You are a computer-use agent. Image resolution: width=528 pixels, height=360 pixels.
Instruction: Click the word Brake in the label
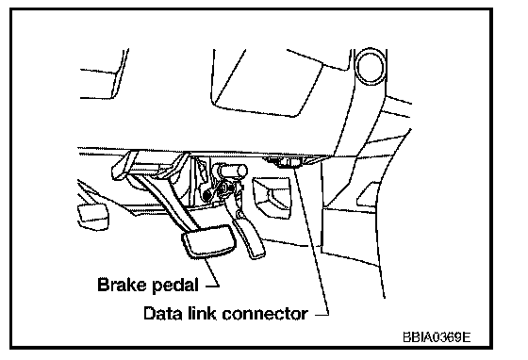[x=123, y=285]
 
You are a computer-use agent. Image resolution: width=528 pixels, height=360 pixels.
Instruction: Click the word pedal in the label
[x=175, y=286]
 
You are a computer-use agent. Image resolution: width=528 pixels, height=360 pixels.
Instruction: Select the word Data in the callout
[x=161, y=313]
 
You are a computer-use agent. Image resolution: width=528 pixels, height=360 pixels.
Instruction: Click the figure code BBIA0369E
[x=437, y=336]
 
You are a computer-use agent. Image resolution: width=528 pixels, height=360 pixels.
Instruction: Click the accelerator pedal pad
[x=249, y=237]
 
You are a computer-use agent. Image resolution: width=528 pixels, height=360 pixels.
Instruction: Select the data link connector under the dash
[x=287, y=161]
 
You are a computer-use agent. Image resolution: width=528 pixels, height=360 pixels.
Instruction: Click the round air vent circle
[x=371, y=66]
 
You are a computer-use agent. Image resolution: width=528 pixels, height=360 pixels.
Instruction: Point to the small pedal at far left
[x=93, y=217]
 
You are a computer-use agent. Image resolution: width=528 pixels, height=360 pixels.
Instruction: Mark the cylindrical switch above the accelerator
[x=233, y=170]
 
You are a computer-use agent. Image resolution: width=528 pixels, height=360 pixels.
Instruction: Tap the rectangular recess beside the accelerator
[x=272, y=194]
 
